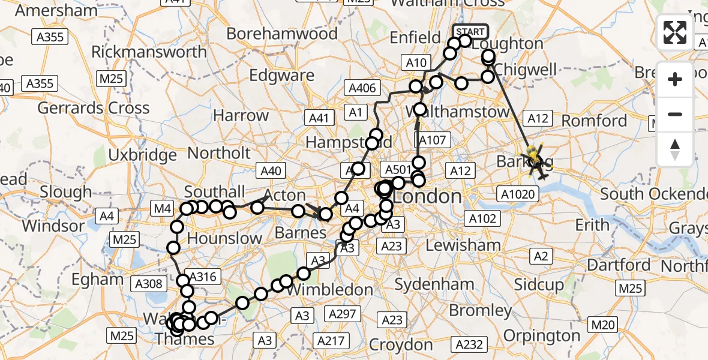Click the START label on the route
pyautogui.click(x=470, y=31)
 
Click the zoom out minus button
pyautogui.click(x=675, y=114)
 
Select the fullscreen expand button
pyautogui.click(x=675, y=32)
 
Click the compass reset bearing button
pyautogui.click(x=675, y=149)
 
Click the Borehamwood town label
pyautogui.click(x=282, y=34)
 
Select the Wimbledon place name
pyautogui.click(x=330, y=289)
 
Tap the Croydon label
pyautogui.click(x=401, y=345)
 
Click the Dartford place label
pyautogui.click(x=619, y=265)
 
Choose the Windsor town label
pyautogui.click(x=53, y=226)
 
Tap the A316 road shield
pyautogui.click(x=202, y=277)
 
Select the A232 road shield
pyautogui.click(x=469, y=344)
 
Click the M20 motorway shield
pyautogui.click(x=603, y=325)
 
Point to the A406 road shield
pyautogui.click(x=362, y=89)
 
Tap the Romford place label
pyautogui.click(x=594, y=121)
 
